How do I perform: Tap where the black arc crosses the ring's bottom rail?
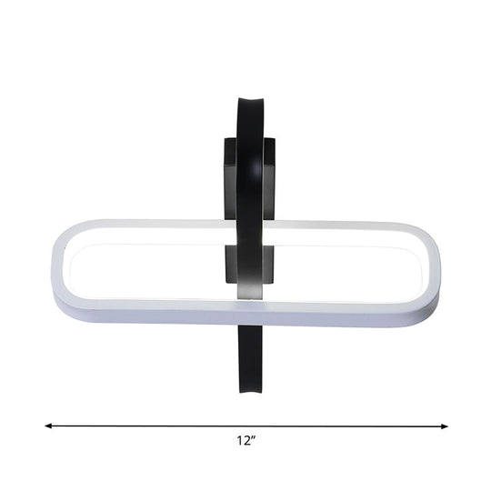pos(250,316)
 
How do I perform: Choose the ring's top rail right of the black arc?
pos(346,225)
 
